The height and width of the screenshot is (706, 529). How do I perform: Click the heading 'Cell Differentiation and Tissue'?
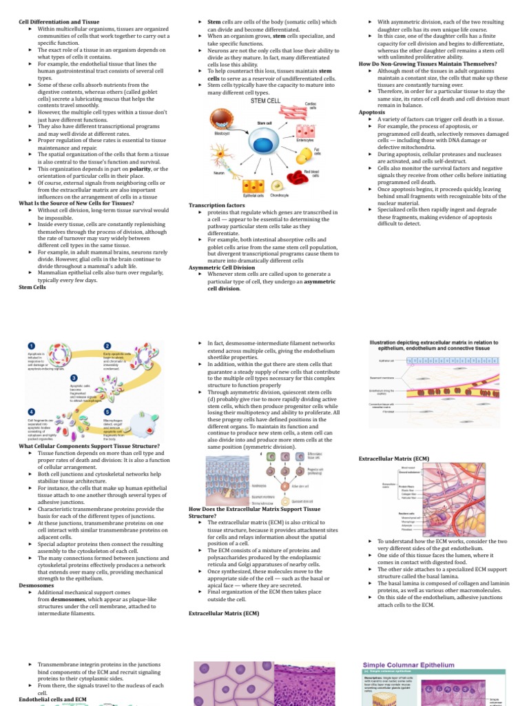pyautogui.click(x=59, y=22)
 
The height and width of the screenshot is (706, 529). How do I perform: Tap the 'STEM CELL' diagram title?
pyautogui.click(x=265, y=101)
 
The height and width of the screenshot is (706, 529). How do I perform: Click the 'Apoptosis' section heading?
pyautogui.click(x=371, y=112)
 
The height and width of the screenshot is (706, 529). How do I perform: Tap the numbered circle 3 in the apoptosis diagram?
pyautogui.click(x=74, y=378)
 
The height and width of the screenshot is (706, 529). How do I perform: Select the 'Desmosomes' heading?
pyautogui.click(x=37, y=585)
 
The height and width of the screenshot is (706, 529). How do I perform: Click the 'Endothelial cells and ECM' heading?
pyautogui.click(x=52, y=700)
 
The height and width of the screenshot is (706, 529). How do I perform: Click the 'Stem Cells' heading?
pyautogui.click(x=32, y=288)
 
